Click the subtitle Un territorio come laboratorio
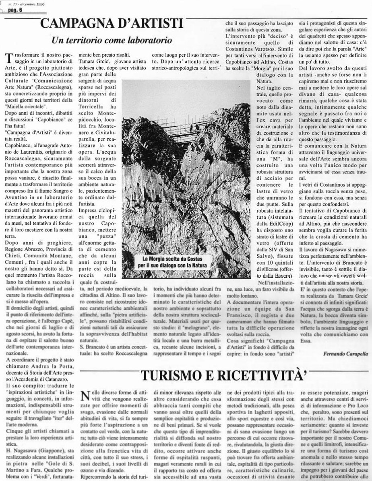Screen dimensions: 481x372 coord(112,41)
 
